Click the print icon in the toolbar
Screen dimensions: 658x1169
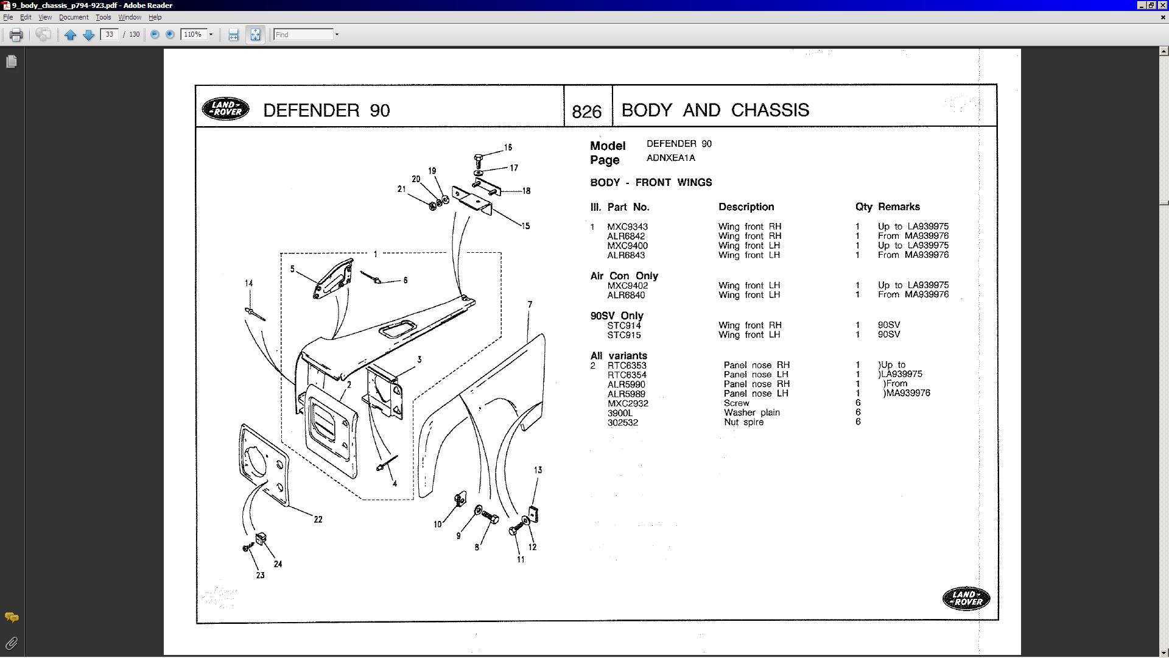pyautogui.click(x=16, y=35)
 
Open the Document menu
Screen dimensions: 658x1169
pyautogui.click(x=74, y=17)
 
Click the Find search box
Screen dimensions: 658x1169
pyautogui.click(x=303, y=35)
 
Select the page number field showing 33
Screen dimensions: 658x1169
pyautogui.click(x=110, y=35)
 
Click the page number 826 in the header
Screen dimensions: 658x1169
pyautogui.click(x=587, y=111)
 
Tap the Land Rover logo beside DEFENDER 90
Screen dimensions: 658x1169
pyautogui.click(x=225, y=109)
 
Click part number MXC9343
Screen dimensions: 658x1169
pyautogui.click(x=627, y=227)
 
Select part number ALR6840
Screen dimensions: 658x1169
pyautogui.click(x=626, y=295)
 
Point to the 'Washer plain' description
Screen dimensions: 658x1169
pyautogui.click(x=751, y=412)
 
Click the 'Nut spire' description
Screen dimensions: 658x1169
pyautogui.click(x=743, y=422)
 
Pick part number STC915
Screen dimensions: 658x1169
pyautogui.click(x=623, y=334)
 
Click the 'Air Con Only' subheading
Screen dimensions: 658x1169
pyautogui.click(x=624, y=275)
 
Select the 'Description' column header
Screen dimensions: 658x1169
pyautogui.click(x=746, y=207)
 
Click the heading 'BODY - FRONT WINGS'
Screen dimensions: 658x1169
pyautogui.click(x=651, y=182)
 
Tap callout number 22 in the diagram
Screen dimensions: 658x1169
pyautogui.click(x=318, y=519)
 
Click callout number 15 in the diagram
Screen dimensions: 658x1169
pyautogui.click(x=525, y=226)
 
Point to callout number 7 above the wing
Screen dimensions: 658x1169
pyautogui.click(x=530, y=304)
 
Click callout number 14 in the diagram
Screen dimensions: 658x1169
pyautogui.click(x=248, y=283)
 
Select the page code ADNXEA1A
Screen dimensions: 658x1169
pyautogui.click(x=670, y=158)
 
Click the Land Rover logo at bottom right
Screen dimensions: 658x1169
pyautogui.click(x=966, y=598)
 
